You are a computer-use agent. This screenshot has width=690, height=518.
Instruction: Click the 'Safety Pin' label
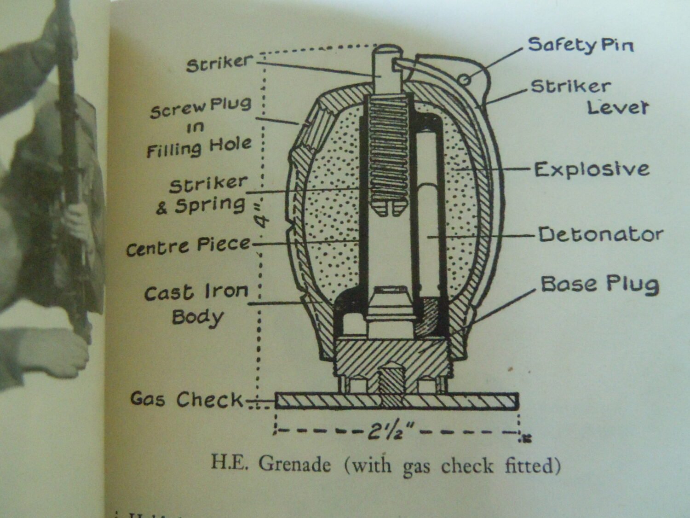tap(581, 45)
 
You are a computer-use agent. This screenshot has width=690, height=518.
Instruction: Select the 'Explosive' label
tap(592, 169)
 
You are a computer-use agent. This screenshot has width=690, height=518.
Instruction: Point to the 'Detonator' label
tap(600, 234)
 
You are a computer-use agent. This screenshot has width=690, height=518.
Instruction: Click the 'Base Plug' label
tap(599, 285)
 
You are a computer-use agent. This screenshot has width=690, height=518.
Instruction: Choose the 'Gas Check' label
tap(186, 399)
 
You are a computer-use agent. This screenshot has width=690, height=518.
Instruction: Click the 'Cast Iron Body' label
tap(197, 304)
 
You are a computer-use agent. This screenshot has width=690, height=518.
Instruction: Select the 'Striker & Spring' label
tap(205, 195)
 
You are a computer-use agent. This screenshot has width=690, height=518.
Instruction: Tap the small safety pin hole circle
tap(465, 80)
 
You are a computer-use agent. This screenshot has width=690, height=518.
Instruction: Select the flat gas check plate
tap(397, 401)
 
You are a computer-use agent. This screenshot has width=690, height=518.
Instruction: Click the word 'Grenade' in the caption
tap(294, 464)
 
